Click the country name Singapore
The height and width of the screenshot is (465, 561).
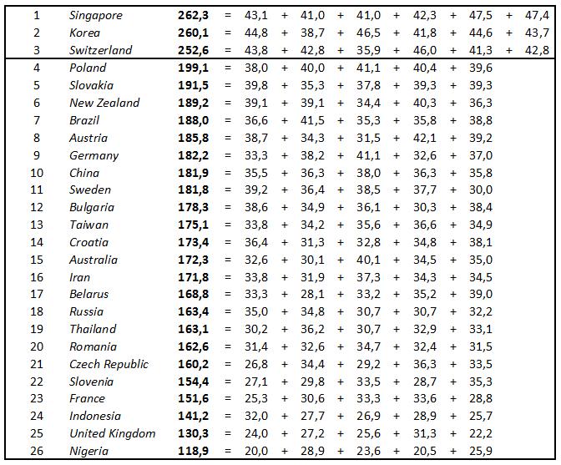point(96,15)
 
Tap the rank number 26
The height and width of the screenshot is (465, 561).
point(37,451)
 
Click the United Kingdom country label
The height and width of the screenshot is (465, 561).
point(112,433)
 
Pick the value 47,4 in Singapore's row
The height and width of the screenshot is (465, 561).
point(537,15)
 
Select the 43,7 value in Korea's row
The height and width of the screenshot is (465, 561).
point(537,33)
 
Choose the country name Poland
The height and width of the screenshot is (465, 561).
point(88,68)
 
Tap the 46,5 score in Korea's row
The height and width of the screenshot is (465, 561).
point(367,33)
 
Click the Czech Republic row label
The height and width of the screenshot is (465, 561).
point(109,364)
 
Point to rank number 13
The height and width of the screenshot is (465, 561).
point(37,225)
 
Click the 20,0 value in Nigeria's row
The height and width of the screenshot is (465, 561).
point(256,451)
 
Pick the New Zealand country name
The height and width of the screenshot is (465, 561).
point(104,103)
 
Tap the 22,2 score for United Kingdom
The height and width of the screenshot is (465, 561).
point(481,433)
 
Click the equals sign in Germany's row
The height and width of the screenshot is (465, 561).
point(227,155)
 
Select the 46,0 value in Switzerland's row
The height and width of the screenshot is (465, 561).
point(424,50)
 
